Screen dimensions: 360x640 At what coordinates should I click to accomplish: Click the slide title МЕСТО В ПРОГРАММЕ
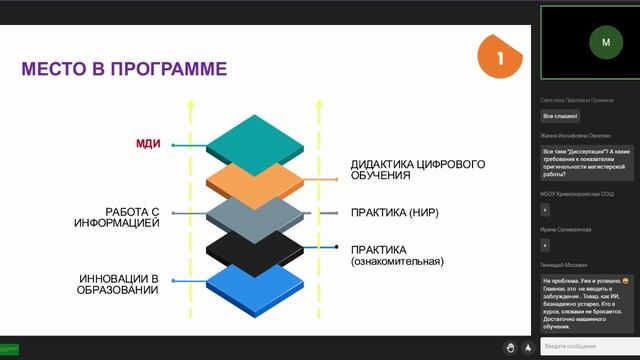(x=124, y=69)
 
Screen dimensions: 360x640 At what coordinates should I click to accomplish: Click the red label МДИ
(x=148, y=145)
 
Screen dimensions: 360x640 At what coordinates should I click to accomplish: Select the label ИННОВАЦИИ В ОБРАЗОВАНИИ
(x=119, y=283)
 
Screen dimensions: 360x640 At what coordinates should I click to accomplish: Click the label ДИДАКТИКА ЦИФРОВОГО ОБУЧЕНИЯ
(x=404, y=169)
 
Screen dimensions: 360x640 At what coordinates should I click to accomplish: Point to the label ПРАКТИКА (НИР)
(x=395, y=213)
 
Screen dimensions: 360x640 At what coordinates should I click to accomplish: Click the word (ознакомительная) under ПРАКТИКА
(x=397, y=261)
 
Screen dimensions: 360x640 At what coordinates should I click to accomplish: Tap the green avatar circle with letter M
(x=605, y=42)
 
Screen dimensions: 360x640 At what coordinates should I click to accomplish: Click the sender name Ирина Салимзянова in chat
(x=567, y=230)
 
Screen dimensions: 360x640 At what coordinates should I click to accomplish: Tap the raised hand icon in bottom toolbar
(x=509, y=347)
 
